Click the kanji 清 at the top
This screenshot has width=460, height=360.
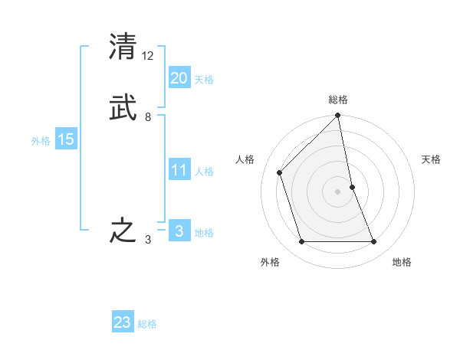coord(123,46)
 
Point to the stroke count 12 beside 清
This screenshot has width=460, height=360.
coord(148,56)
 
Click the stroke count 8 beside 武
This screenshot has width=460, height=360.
coord(148,117)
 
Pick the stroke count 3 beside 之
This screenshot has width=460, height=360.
coord(148,241)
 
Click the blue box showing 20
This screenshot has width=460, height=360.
coord(179,77)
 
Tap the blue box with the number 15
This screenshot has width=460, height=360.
coord(66,139)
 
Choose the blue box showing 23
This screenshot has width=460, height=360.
coord(123,322)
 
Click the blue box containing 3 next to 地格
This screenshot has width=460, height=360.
coord(179,231)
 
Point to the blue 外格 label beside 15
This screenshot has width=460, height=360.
coord(41,141)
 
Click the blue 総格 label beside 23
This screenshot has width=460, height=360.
coord(147,324)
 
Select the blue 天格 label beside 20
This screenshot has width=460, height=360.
coord(204,80)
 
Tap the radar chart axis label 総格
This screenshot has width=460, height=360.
coord(338,100)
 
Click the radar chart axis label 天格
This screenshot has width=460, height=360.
coord(432,159)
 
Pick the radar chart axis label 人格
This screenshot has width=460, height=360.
coord(245,159)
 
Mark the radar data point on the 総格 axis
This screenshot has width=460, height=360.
coord(338,116)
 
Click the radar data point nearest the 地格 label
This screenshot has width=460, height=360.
coord(374,242)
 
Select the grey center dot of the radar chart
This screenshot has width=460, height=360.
coord(338,191)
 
